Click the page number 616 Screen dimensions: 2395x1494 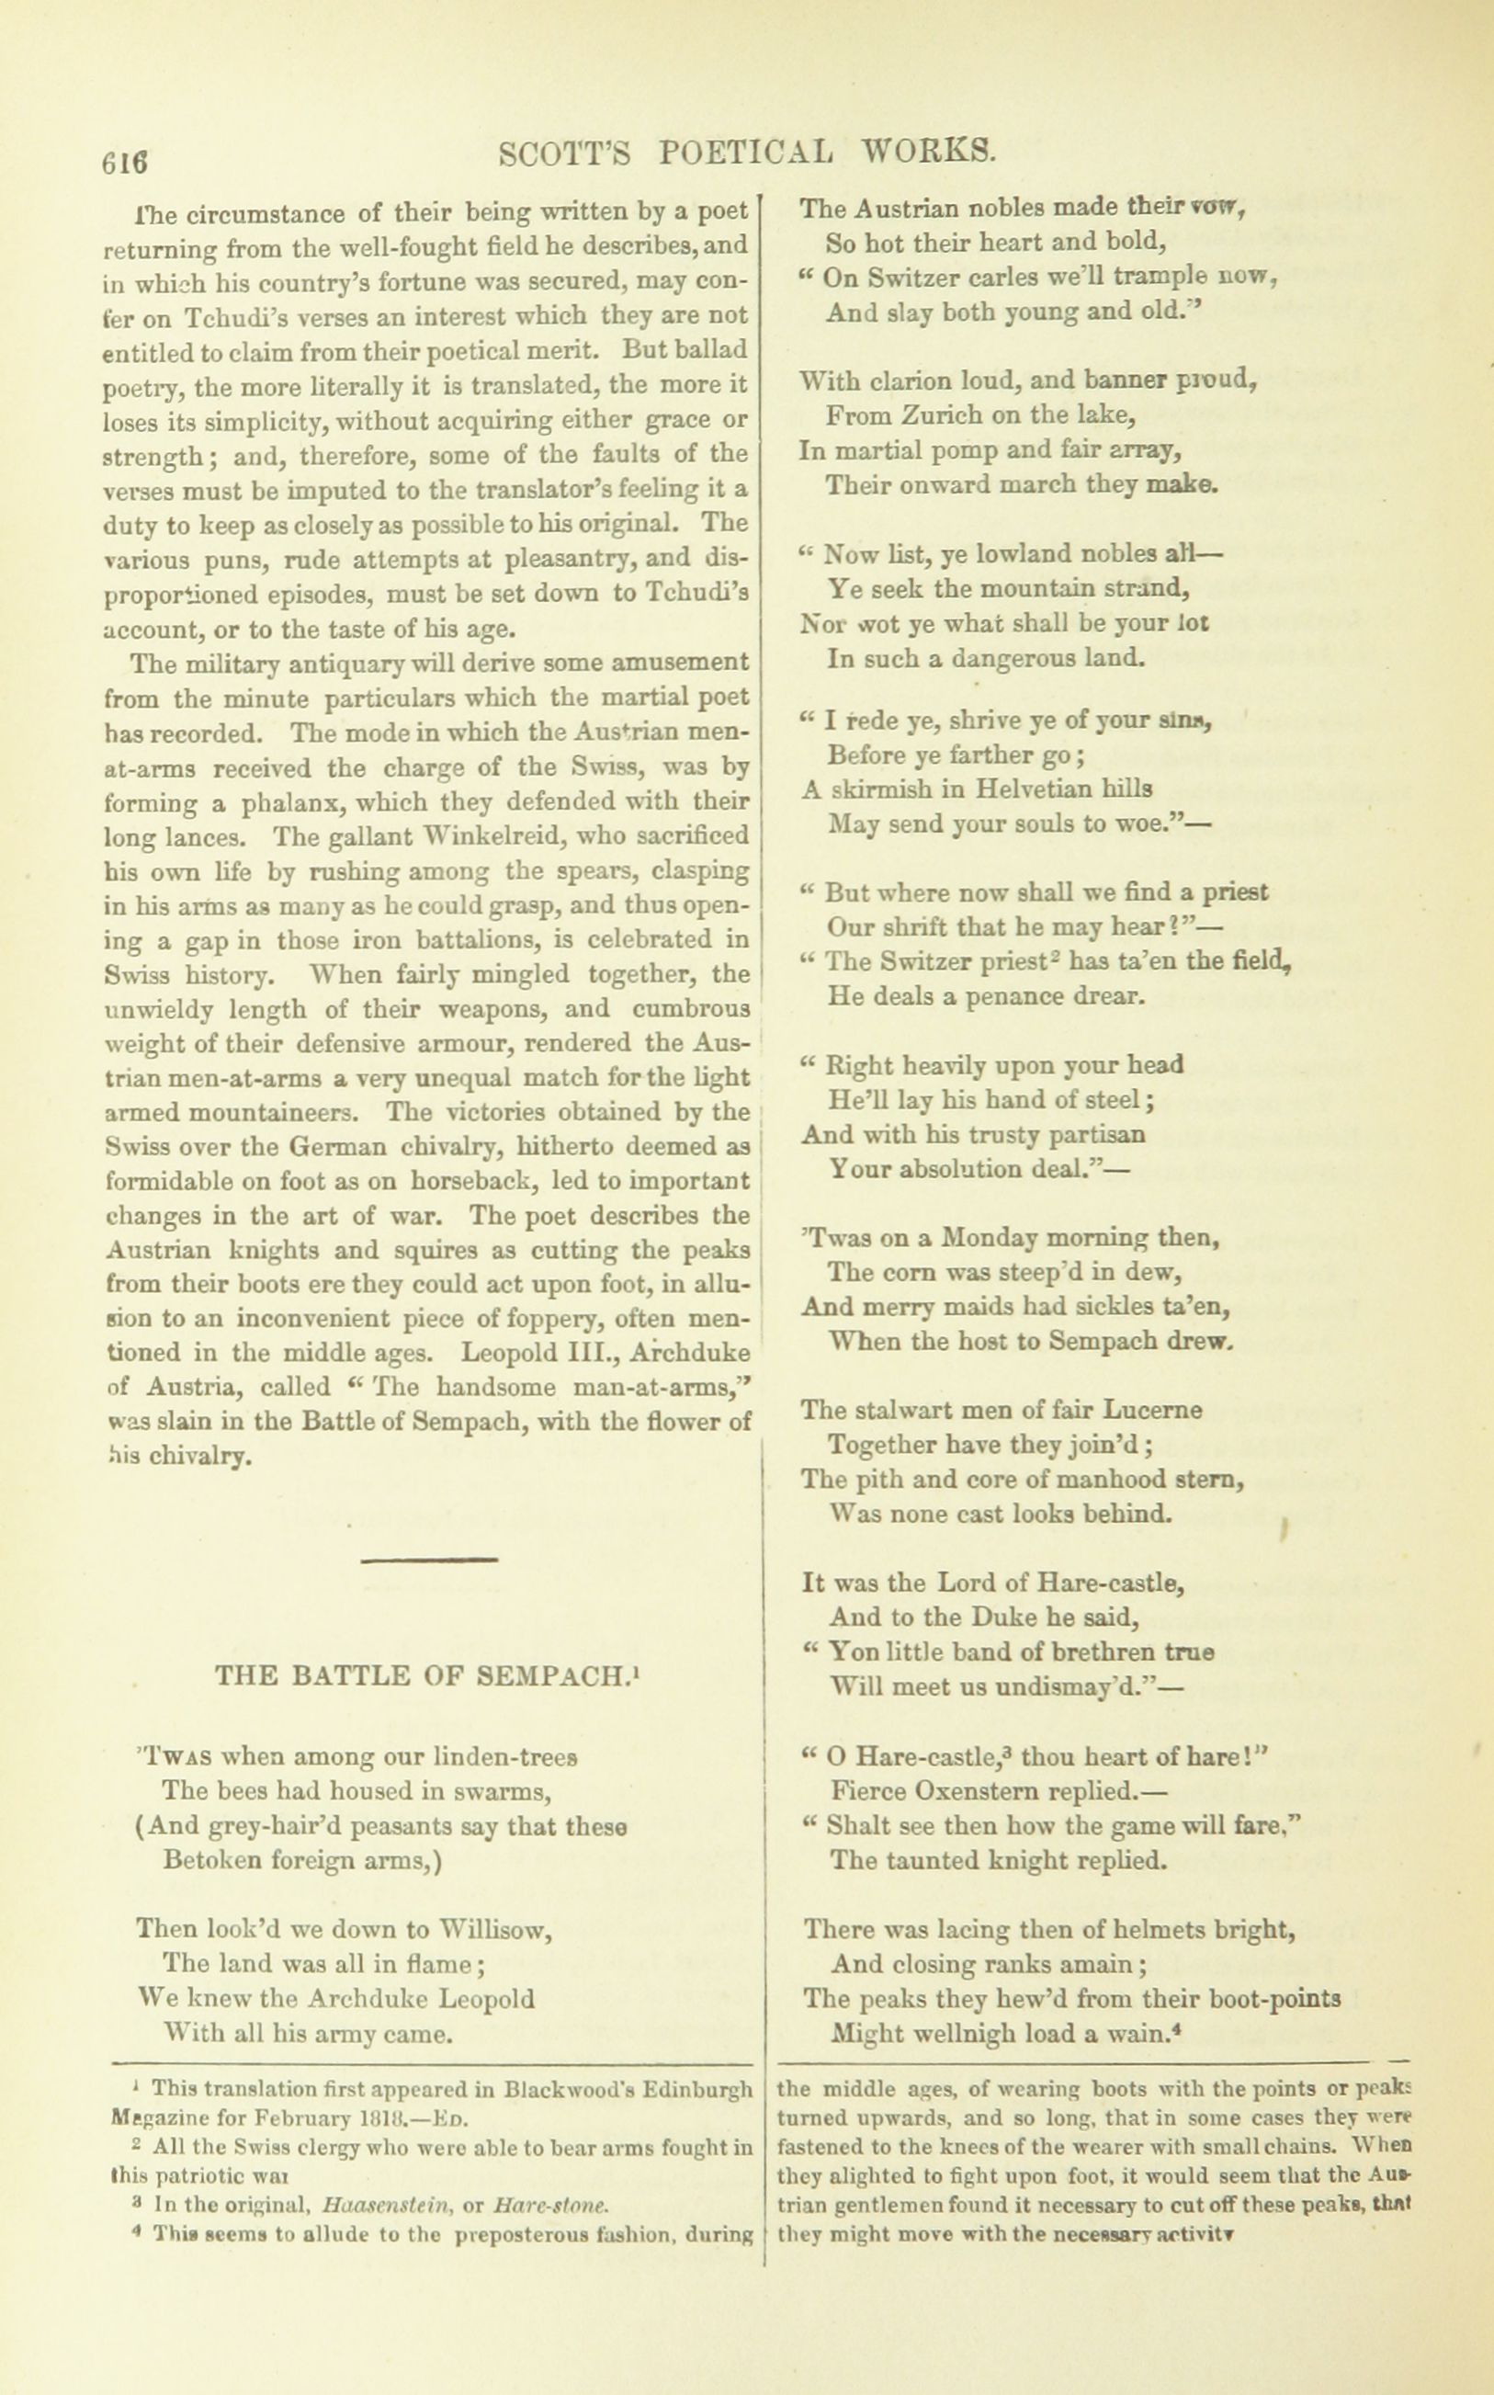[123, 160]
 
